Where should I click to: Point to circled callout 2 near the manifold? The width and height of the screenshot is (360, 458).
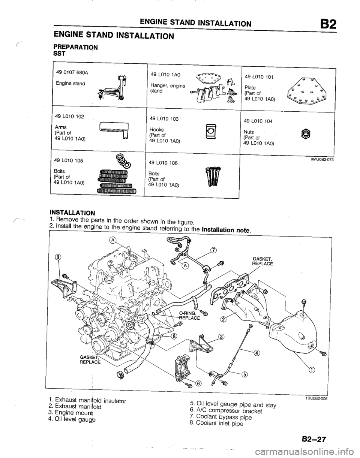click(223, 320)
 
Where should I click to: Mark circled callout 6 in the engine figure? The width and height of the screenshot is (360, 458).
click(198, 383)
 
